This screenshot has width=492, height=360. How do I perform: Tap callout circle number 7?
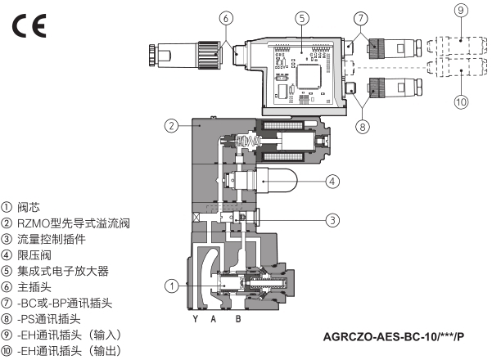click(363, 17)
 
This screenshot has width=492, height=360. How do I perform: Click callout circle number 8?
click(363, 127)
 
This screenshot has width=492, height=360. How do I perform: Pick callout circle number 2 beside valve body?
click(171, 126)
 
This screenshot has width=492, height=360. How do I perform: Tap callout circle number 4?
click(332, 180)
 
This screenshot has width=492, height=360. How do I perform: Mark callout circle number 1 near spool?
click(171, 286)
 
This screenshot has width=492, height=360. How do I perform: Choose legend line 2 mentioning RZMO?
click(65, 223)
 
